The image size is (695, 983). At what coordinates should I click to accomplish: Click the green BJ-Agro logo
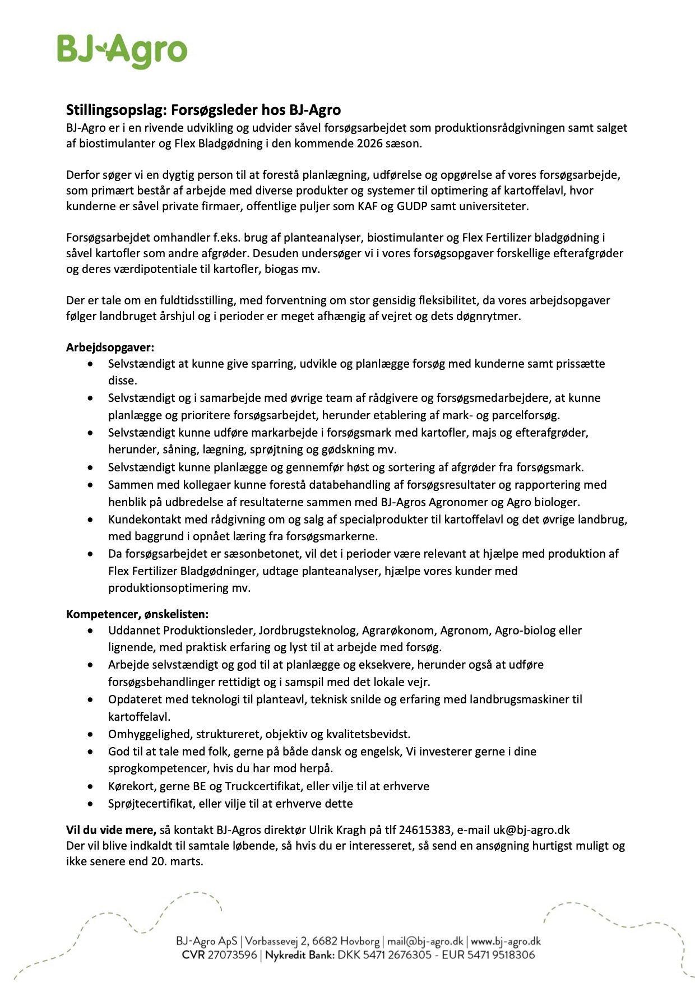tap(122, 50)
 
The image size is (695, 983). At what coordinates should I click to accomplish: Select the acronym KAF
tap(368, 206)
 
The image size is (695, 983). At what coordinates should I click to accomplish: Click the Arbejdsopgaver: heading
tap(110, 347)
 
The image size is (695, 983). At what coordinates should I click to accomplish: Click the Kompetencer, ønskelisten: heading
tap(137, 614)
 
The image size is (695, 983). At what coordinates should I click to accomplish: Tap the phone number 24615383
tap(425, 830)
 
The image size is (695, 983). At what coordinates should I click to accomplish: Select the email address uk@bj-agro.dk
tap(531, 830)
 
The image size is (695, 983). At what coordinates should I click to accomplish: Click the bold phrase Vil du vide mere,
tap(111, 830)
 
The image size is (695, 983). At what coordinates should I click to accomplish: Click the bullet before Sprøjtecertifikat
tap(91, 804)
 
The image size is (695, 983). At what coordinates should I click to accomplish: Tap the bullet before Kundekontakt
tap(91, 520)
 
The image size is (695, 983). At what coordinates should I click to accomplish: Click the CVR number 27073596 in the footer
tap(232, 955)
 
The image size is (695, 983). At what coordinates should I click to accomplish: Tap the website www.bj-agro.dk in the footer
tap(506, 942)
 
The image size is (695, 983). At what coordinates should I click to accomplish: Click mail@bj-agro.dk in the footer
tap(425, 942)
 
